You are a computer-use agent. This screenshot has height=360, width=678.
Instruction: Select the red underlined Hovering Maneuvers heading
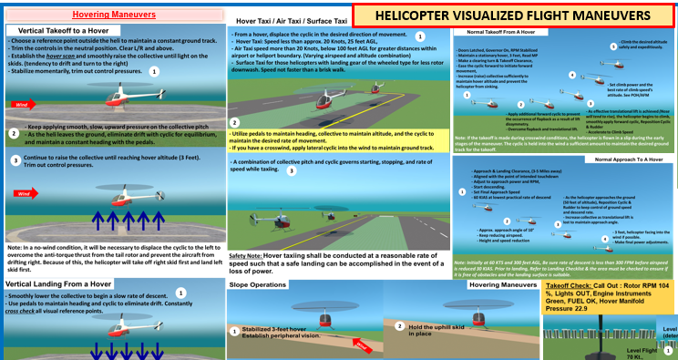(x=110, y=14)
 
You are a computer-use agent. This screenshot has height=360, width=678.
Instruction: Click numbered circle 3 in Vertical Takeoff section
(x=14, y=159)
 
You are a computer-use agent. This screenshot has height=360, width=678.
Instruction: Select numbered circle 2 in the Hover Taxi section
(x=235, y=121)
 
